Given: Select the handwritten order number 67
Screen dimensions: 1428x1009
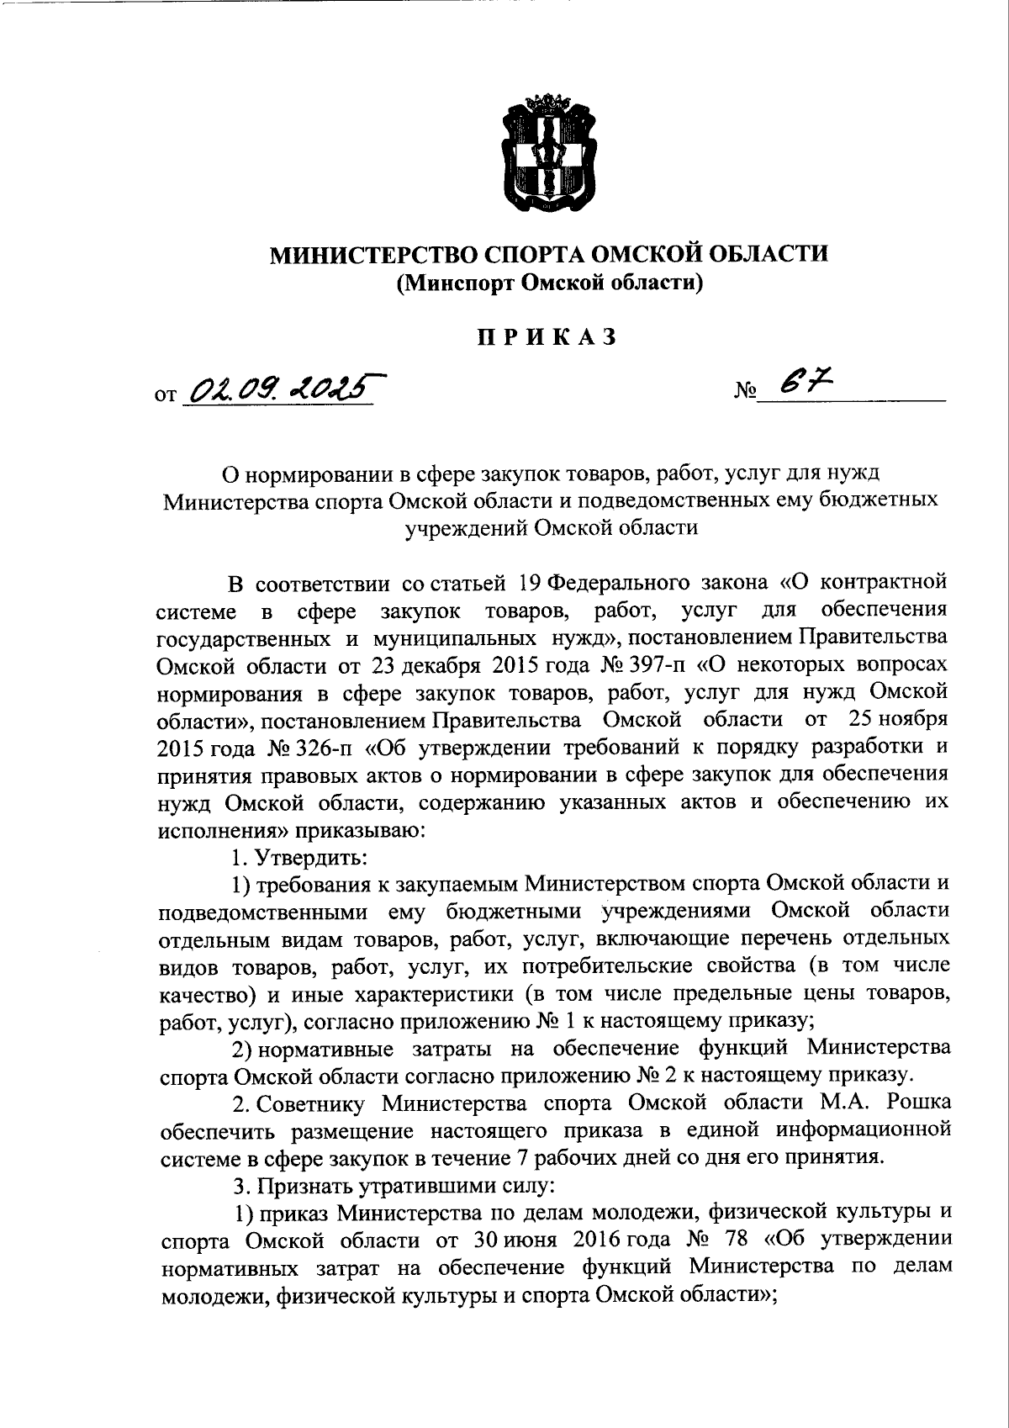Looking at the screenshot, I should [802, 384].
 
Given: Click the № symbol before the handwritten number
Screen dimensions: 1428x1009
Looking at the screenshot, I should [746, 391].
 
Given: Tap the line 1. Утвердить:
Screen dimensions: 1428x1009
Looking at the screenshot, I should [298, 857].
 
